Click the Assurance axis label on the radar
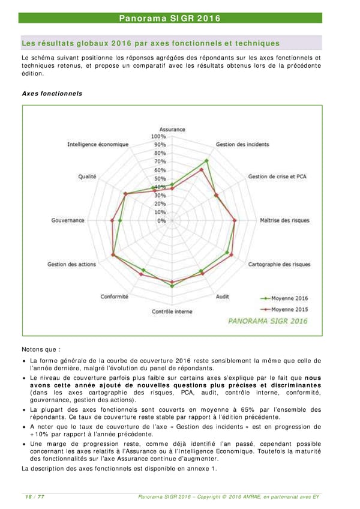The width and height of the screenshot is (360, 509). coord(172,129)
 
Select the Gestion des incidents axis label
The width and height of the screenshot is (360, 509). coord(242,145)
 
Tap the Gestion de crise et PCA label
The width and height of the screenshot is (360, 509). coord(277,176)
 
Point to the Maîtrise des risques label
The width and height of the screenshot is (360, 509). coord(284,221)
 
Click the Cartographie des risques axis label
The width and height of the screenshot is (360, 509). coord(280,264)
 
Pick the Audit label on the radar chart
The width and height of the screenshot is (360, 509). coord(221,297)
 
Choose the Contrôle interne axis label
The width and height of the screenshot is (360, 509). coord(172,312)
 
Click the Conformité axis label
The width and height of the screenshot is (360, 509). coord(113,297)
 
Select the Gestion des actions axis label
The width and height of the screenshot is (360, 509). coord(71,264)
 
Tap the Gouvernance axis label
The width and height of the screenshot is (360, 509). coord(68,221)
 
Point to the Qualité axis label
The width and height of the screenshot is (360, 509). coord(88,176)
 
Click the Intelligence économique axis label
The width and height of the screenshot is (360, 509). coord(98,145)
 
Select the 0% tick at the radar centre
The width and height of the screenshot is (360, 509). coord(161,221)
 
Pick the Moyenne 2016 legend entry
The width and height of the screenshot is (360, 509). coord(284,298)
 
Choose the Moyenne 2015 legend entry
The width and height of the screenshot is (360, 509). coord(284,309)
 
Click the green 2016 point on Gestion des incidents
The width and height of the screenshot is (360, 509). coord(207,160)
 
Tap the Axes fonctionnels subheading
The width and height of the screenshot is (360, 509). coord(52,94)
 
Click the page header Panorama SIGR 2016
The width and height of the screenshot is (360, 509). coord(170,19)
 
